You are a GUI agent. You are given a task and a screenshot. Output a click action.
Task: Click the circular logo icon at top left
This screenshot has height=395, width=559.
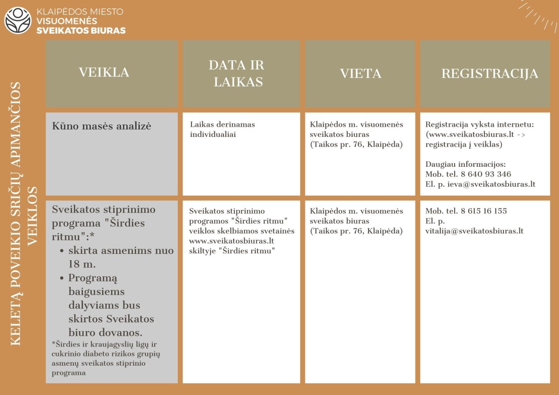18,20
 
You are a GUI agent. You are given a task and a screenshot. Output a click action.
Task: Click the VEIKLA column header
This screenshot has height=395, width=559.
104,73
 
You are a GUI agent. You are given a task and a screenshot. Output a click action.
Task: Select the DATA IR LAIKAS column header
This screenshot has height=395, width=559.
237,74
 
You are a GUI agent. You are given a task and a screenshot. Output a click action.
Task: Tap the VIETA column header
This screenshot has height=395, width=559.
361,74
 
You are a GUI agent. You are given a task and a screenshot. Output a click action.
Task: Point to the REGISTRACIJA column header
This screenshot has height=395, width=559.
490,74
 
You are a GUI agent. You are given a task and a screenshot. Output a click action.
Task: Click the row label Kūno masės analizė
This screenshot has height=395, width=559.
102,126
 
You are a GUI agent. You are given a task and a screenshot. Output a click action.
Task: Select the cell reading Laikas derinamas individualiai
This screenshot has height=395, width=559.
223,129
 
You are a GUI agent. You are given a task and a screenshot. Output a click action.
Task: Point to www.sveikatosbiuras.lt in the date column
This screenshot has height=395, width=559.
231,241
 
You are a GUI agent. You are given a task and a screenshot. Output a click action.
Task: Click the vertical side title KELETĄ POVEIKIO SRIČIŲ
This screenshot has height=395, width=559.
16,214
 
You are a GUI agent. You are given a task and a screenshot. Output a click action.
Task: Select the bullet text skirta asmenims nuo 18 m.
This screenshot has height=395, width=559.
120,257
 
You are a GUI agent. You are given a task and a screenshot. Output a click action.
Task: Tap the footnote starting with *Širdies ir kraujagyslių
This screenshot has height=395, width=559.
106,359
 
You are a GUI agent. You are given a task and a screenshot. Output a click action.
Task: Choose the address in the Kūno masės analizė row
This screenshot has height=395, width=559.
356,144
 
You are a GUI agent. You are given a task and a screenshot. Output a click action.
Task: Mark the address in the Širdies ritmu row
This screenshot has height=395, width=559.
356,231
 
